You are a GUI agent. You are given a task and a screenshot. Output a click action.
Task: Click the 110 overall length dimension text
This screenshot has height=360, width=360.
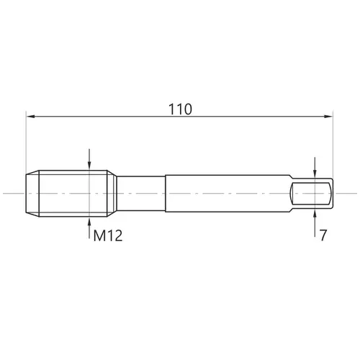(180, 109)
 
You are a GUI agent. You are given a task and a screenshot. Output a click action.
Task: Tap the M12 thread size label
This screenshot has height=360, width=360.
(108, 235)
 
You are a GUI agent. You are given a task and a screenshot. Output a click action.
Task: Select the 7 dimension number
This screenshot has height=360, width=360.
(323, 235)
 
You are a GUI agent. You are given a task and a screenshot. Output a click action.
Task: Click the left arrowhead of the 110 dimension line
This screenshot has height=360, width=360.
(31, 117)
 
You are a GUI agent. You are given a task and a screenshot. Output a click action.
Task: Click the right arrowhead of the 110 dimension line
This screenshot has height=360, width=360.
(328, 117)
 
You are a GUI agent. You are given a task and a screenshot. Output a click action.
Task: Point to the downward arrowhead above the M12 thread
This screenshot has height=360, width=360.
(89, 166)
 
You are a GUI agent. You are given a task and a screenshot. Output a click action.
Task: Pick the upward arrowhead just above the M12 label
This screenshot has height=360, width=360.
(89, 221)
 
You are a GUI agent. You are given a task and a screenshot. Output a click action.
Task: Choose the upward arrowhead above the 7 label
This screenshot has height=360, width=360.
(315, 214)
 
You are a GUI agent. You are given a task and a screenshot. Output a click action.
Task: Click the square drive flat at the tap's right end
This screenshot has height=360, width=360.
(311, 194)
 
